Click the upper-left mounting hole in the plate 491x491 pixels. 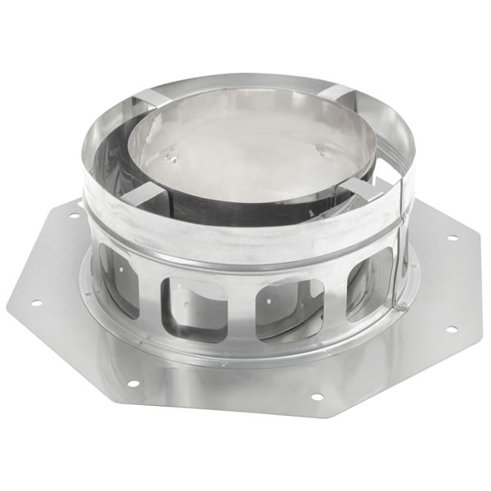point(75,216)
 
